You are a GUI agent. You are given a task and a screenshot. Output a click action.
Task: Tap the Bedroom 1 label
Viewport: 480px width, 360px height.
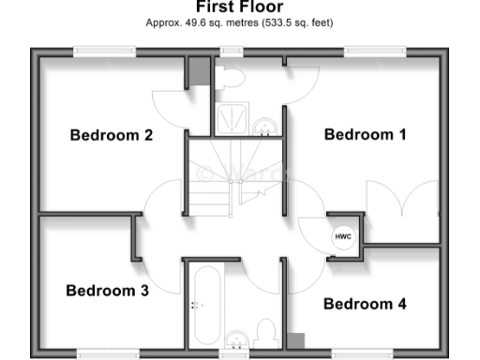[x=366, y=134]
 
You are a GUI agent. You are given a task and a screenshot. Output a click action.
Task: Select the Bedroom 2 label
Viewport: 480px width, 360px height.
[x=112, y=135]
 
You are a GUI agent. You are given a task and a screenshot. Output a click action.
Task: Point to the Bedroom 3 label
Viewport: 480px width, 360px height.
[x=108, y=291]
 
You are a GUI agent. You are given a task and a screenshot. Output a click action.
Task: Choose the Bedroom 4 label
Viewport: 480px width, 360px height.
[x=365, y=304]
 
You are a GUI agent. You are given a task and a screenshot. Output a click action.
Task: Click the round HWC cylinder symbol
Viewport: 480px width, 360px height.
[x=343, y=236]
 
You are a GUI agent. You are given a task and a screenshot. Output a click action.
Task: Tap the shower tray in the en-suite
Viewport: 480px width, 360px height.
[x=230, y=118]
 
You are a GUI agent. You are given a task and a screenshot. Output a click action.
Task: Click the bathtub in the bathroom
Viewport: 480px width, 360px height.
[x=204, y=305]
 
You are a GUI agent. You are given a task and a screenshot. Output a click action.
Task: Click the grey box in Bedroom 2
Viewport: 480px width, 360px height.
[x=198, y=71]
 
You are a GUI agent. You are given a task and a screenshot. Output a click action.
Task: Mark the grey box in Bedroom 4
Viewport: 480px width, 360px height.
[x=296, y=341]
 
